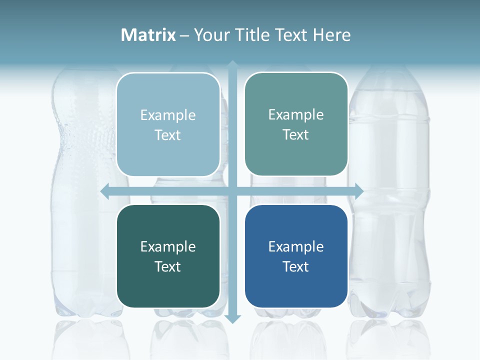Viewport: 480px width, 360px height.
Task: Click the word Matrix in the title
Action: pos(148,35)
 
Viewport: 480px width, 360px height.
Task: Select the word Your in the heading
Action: pos(211,35)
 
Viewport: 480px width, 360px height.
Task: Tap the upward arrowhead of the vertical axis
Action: pos(232,65)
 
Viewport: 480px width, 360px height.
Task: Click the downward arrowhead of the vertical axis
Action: pos(232,318)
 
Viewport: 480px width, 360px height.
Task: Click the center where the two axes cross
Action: pos(232,191)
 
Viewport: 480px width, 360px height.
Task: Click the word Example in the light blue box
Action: pos(168,115)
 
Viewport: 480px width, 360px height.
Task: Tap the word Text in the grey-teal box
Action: pos(296,135)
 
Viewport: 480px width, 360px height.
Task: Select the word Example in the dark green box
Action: pos(168,247)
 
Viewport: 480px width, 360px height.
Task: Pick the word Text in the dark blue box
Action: pos(296,267)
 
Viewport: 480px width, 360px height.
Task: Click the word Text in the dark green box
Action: pos(168,267)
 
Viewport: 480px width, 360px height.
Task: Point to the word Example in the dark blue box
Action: pos(296,247)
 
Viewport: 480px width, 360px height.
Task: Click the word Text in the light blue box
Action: pos(168,135)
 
